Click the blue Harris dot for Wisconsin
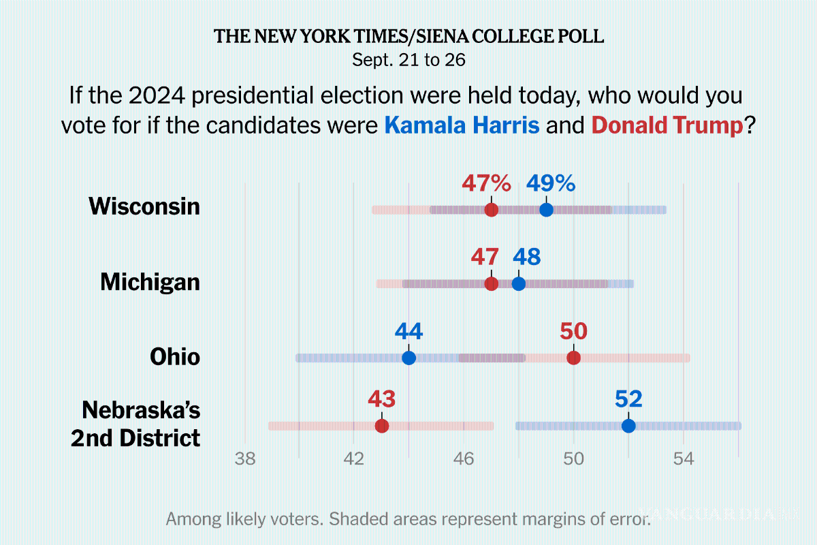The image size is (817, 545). [x=546, y=210]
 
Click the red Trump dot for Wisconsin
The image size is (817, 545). [x=491, y=210]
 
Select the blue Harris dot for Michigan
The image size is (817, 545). [x=519, y=283]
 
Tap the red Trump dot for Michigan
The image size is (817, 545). [x=491, y=283]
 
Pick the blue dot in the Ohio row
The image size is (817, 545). [x=408, y=358]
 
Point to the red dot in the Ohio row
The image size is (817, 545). [x=574, y=358]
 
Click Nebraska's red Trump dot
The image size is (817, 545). [x=382, y=426]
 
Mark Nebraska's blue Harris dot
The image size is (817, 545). [x=628, y=426]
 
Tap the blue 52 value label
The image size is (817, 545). [x=628, y=399]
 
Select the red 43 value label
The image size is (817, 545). [x=382, y=399]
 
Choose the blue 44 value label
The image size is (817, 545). [x=408, y=332]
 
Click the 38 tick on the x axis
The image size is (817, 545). [x=244, y=458]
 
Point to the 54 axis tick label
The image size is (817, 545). [x=684, y=458]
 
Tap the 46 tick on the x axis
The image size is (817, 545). [x=464, y=458]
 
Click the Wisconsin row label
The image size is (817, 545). [x=144, y=206]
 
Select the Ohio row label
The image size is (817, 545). [x=175, y=356]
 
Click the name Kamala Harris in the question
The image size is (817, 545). [x=462, y=125]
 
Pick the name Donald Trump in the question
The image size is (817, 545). [x=667, y=125]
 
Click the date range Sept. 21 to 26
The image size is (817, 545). [x=408, y=60]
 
